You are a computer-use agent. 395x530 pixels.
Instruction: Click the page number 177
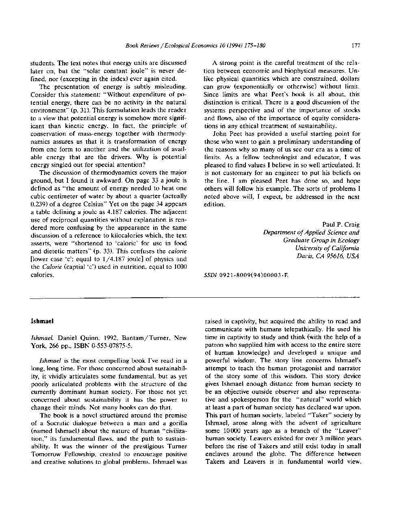tap(356, 45)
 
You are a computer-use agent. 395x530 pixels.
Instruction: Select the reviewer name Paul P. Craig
tap(341, 225)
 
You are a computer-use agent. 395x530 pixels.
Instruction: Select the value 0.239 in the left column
tap(39, 204)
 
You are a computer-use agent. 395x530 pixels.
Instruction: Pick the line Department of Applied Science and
tap(311, 232)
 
